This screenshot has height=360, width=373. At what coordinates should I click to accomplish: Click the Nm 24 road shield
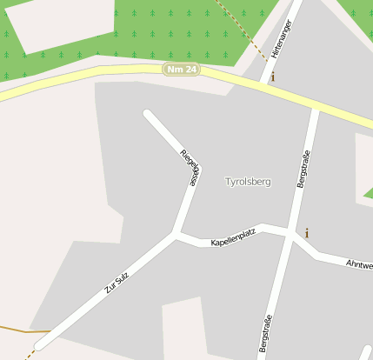pos(181,70)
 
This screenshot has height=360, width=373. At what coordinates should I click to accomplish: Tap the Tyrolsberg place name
pos(248,182)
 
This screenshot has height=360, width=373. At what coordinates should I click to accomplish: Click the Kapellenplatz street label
pos(233,237)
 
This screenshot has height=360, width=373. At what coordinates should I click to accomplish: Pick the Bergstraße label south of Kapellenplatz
pos(265,334)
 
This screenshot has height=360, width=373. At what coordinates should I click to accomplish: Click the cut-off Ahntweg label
pos(359,263)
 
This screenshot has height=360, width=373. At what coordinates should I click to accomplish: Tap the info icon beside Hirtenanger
pos(272,77)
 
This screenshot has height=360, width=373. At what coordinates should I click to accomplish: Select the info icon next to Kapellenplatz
pos(306,233)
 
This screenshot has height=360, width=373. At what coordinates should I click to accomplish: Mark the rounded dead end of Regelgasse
pos(148,114)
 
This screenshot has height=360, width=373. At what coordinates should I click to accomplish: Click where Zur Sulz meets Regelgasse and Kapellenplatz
pos(177,233)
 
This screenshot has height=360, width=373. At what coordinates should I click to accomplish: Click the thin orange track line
pos(17,330)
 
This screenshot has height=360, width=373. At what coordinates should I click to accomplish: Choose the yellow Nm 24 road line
pos(87,78)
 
